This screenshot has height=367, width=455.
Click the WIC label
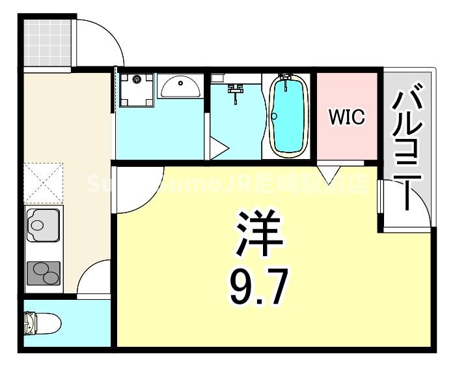346,117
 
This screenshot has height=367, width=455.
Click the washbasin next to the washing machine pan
180,87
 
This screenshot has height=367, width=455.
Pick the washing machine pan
137,89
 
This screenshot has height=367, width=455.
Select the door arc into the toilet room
95,279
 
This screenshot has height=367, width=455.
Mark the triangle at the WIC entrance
331,172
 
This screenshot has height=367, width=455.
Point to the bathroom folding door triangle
217,148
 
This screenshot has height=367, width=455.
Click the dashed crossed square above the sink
43,183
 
